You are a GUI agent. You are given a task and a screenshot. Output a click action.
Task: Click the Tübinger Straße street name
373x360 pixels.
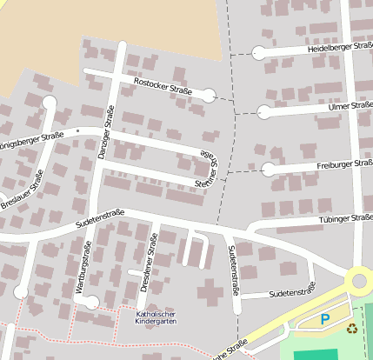[x=346, y=220]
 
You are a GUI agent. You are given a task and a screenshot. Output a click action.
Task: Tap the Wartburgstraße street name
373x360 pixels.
[x=88, y=271]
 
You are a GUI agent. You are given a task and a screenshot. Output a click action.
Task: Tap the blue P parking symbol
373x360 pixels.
[x=325, y=320]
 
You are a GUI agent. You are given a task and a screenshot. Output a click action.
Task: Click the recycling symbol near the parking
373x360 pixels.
[x=351, y=329]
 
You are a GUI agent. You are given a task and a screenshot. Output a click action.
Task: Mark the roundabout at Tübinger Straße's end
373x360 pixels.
[x=359, y=281]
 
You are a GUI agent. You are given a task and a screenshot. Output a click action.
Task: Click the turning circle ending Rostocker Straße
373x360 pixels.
[x=209, y=95]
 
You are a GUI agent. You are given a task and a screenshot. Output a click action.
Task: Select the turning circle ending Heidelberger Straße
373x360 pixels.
[x=259, y=53]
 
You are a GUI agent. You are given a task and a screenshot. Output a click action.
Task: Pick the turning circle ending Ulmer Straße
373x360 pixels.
[x=263, y=111]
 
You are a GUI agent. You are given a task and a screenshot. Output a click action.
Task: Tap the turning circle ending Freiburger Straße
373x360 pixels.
[x=269, y=169]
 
